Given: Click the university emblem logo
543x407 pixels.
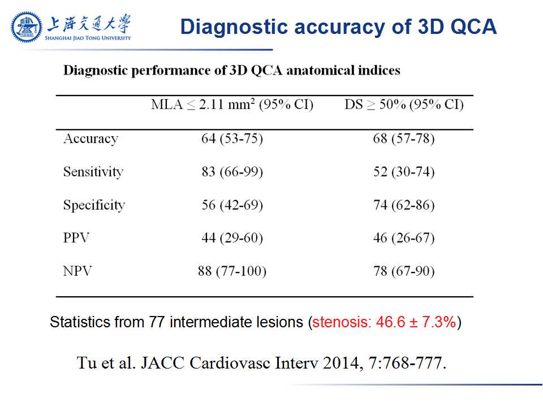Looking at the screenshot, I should (x=27, y=27).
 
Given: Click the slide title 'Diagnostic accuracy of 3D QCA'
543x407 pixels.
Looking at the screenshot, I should (x=338, y=27).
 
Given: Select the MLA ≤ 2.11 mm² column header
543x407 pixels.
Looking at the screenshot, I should (x=232, y=105).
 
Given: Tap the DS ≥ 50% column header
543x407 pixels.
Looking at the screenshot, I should (x=404, y=105).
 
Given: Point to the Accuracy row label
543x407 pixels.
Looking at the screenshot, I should (x=90, y=139).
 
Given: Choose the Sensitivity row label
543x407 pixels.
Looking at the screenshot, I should (x=93, y=172).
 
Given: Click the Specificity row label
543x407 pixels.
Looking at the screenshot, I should (x=94, y=205).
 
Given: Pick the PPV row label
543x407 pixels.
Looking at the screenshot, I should (x=76, y=238).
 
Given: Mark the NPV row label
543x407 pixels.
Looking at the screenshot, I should (x=77, y=271).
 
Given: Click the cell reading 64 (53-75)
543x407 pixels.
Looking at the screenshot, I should (x=232, y=139).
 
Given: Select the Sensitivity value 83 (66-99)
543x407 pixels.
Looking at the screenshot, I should (x=232, y=172).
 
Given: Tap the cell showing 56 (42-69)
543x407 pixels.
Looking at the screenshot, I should (x=232, y=205).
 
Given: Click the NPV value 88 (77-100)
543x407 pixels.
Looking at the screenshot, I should (x=232, y=271).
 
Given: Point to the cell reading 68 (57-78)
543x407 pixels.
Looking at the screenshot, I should (x=404, y=139).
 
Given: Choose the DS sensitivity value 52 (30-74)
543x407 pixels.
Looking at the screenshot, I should (x=404, y=172).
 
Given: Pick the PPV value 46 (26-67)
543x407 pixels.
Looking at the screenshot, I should (x=404, y=238).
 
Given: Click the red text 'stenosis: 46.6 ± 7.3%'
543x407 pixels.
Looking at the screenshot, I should (x=384, y=323).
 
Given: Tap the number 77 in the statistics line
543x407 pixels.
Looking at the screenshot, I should (x=157, y=323).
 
